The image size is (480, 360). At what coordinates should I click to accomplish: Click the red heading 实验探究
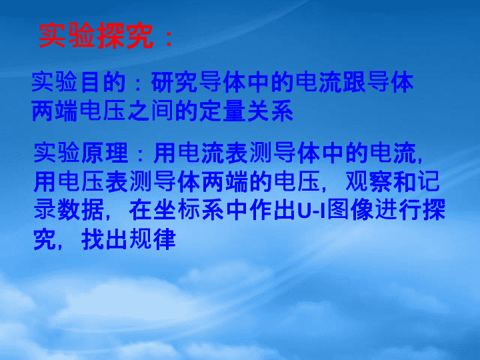coord(96,36)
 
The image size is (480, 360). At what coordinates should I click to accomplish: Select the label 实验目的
coord(79,82)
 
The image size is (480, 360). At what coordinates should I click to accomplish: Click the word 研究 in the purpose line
coord(175,82)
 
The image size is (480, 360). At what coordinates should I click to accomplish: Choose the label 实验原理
coord(81,153)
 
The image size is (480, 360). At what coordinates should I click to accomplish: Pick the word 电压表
coord(93,181)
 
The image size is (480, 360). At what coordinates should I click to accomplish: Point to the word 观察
coord(369,181)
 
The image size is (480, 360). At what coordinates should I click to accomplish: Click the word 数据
coord(81,210)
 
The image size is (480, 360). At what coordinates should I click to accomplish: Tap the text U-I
coord(311,211)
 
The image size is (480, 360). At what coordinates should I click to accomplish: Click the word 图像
coord(350,210)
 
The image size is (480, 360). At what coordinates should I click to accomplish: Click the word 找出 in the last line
coord(105,239)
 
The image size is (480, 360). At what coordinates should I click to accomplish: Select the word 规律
coord(153,239)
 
